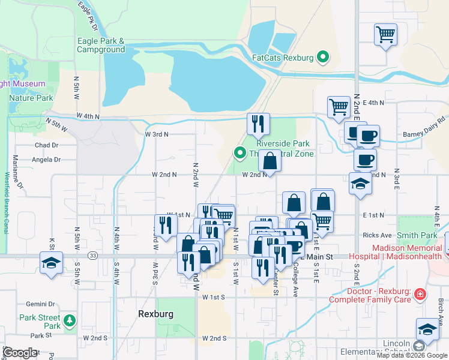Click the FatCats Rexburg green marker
click(324, 58)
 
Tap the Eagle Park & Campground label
click(100, 45)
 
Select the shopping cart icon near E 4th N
click(339, 107)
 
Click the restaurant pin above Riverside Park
click(259, 124)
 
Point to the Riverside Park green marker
click(240, 153)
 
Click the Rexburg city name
click(155, 314)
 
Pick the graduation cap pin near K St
click(52, 262)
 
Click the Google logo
click(20, 353)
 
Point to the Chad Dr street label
click(46, 145)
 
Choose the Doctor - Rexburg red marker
click(420, 294)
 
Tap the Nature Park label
click(31, 98)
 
